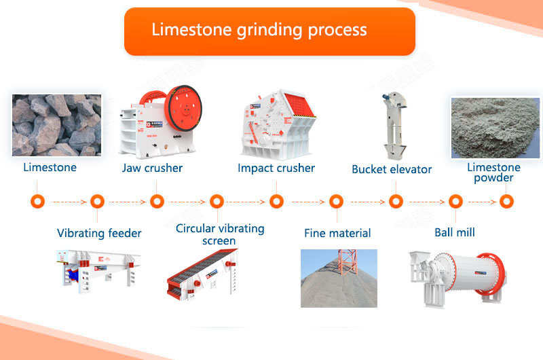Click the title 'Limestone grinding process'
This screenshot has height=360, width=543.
click(x=259, y=31)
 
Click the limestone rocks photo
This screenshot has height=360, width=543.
click(x=56, y=125)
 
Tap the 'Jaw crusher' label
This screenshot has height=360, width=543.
click(x=153, y=168)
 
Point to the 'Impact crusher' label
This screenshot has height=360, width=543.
click(x=276, y=168)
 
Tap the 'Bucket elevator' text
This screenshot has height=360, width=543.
click(x=392, y=169)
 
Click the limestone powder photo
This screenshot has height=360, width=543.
click(x=494, y=126)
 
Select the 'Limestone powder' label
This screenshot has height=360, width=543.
click(x=493, y=173)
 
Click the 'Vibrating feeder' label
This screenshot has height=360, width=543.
click(x=99, y=233)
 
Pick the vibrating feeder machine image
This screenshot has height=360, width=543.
click(x=98, y=272)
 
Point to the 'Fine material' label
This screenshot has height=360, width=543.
click(x=337, y=233)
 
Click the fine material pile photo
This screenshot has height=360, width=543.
click(x=338, y=278)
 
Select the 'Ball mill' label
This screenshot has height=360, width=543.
click(x=455, y=232)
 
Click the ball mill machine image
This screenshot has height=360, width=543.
click(x=457, y=276)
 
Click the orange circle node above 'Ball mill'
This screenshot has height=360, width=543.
click(x=455, y=202)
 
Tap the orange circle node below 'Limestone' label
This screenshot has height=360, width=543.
click(x=37, y=202)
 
